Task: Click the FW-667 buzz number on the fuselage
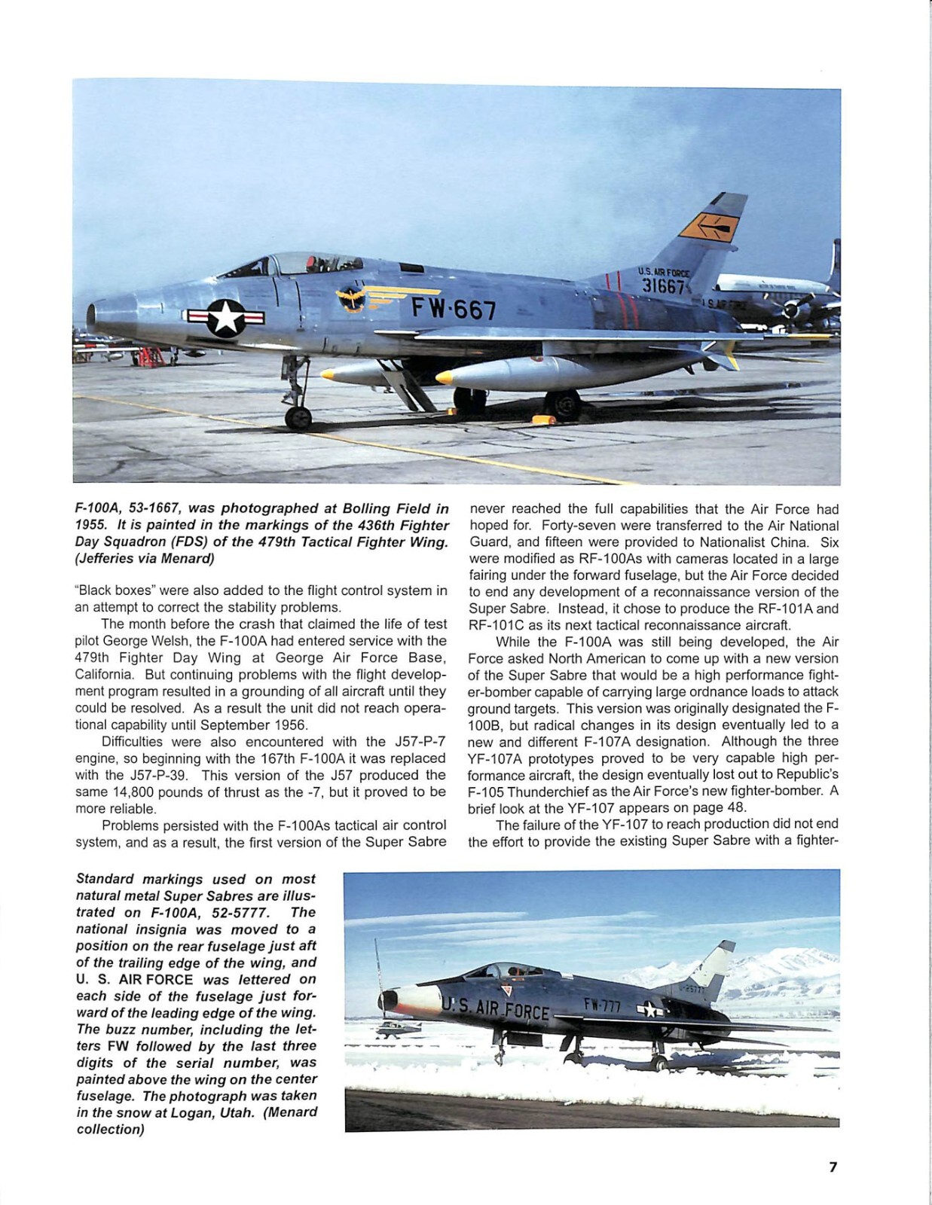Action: pos(454,309)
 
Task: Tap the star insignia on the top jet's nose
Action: pos(225,317)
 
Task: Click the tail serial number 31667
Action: pos(663,286)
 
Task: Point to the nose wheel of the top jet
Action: pos(298,417)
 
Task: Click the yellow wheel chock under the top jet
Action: pos(544,418)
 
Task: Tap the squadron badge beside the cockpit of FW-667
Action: pos(352,300)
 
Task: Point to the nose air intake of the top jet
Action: pos(92,316)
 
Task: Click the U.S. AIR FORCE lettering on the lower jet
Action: pos(494,1007)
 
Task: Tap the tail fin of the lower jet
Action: pos(712,969)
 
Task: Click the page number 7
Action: pos(833,1167)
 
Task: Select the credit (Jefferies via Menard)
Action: pos(145,558)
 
